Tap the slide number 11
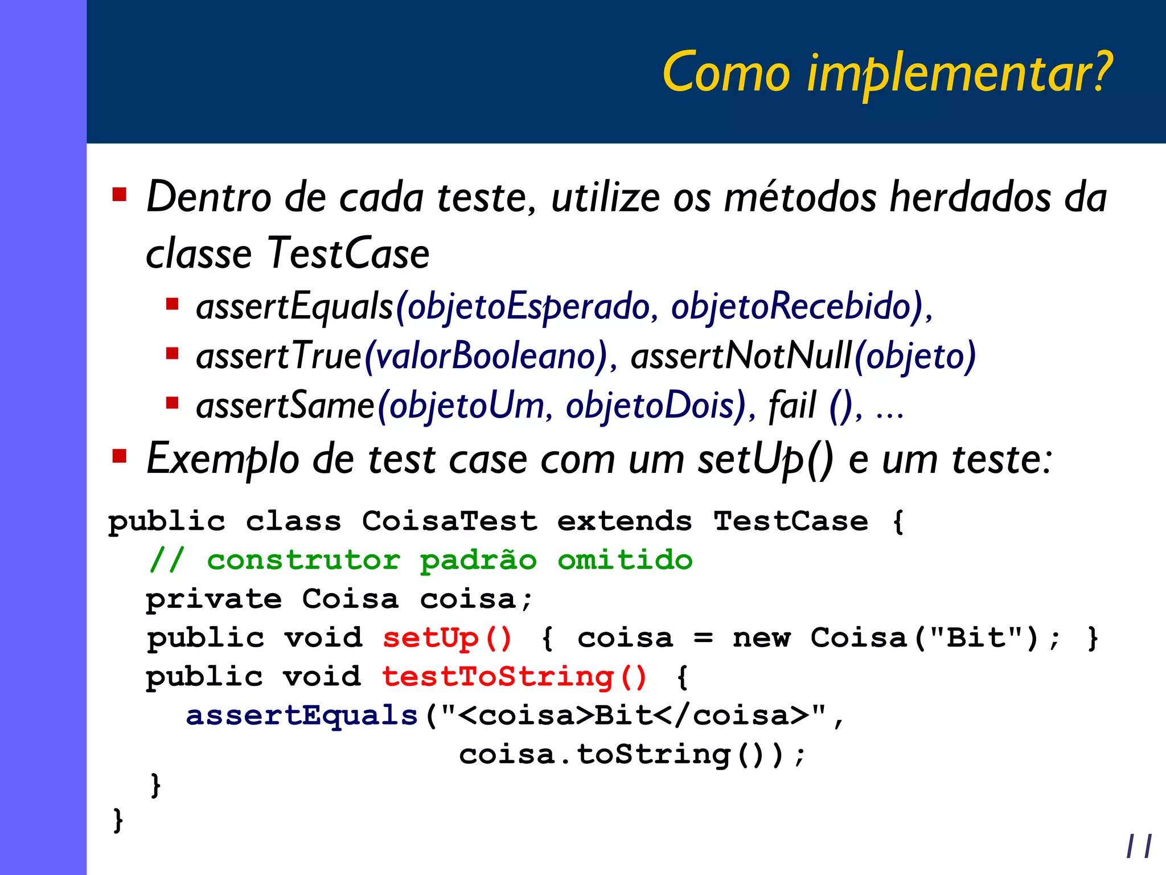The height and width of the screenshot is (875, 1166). [1139, 846]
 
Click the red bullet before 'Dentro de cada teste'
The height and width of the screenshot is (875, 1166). [120, 195]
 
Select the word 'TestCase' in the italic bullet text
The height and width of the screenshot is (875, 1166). [348, 253]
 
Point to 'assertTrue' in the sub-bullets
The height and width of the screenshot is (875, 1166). [279, 356]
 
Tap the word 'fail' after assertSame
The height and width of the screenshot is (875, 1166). [792, 406]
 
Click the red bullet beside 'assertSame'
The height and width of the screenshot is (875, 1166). [172, 403]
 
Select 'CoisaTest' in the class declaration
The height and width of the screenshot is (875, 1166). [450, 521]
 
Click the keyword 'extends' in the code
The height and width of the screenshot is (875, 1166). [625, 521]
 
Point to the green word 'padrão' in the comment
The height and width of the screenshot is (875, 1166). [478, 561]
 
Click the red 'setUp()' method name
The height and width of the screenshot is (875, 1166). [447, 638]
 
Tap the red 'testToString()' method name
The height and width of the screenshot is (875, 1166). [514, 677]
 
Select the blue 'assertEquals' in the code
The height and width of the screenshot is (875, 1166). [302, 715]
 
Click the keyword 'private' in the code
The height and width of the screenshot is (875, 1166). [214, 599]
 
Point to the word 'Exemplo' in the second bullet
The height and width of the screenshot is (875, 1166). [223, 459]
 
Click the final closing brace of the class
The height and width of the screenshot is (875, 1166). [118, 820]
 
